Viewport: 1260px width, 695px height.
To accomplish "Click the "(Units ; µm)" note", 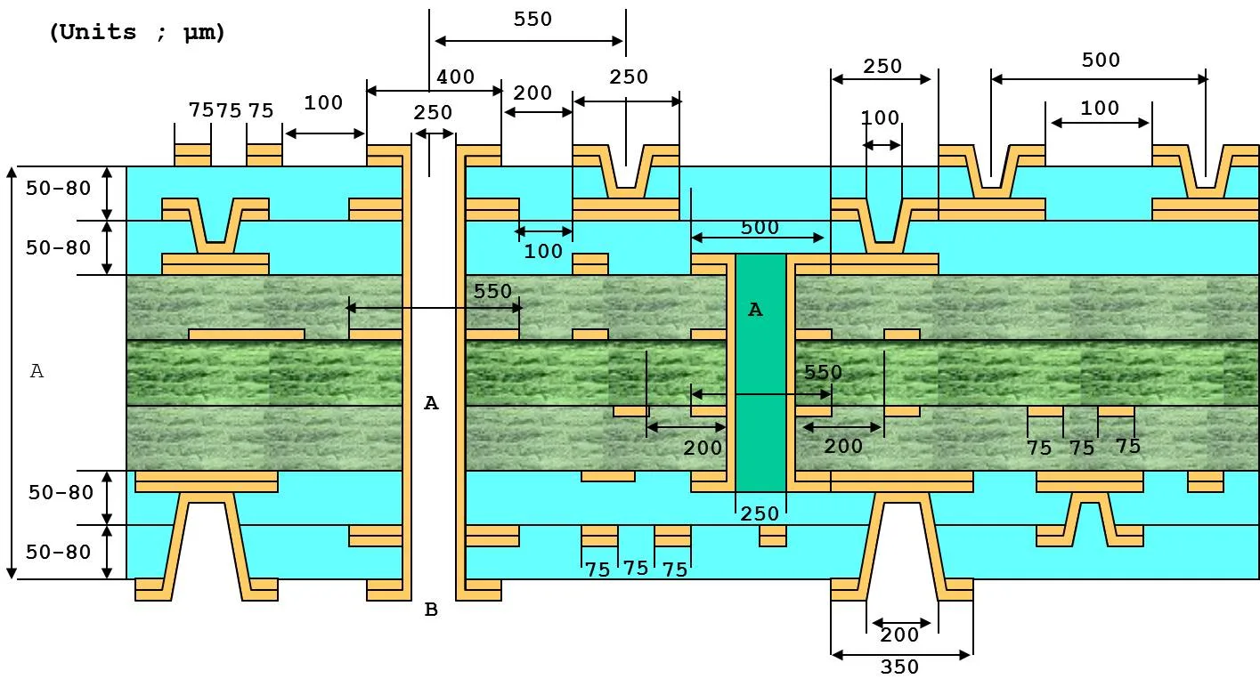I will (x=137, y=33).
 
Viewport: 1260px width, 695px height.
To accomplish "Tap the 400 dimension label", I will (x=455, y=78).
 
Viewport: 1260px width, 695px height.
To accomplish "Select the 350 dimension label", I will (x=898, y=667).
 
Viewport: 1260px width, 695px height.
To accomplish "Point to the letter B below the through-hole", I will (x=431, y=610).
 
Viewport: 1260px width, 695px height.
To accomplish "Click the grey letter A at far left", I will (x=37, y=371).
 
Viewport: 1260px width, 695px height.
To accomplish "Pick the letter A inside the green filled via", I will (x=755, y=310).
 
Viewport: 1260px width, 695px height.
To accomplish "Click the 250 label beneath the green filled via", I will (x=760, y=514).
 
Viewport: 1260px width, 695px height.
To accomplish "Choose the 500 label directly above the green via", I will (x=760, y=228).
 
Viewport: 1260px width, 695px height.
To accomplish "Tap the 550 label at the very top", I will (x=532, y=20).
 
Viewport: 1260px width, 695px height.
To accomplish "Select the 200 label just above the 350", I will (x=898, y=635).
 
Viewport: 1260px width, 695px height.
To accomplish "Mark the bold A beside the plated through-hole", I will (x=431, y=403).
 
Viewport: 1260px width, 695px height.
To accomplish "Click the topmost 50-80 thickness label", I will (x=59, y=188).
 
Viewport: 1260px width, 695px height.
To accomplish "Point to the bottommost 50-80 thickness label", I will (x=59, y=553).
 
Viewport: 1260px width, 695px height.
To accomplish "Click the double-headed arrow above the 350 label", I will (x=900, y=655).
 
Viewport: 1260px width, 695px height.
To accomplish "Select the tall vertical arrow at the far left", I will (x=12, y=372).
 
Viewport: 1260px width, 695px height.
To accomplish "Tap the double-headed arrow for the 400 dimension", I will (x=435, y=91).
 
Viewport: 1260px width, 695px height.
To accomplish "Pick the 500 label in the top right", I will (x=1101, y=61).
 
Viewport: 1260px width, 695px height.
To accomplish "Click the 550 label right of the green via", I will (x=823, y=373).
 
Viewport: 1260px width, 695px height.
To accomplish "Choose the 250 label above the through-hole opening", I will (x=433, y=114).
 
